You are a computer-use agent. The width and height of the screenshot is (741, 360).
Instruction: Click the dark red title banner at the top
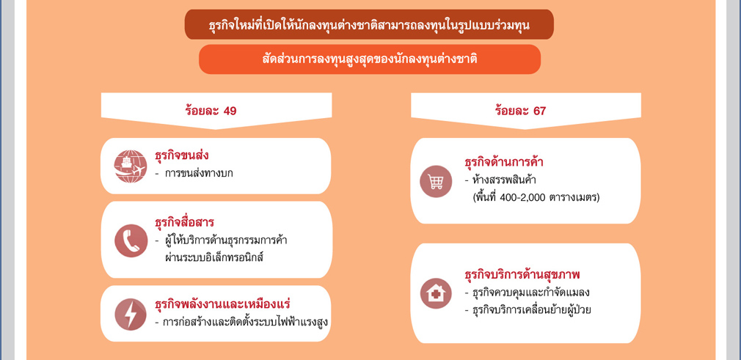pos(368,25)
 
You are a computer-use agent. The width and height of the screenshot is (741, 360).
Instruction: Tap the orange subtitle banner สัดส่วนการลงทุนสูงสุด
pos(370,59)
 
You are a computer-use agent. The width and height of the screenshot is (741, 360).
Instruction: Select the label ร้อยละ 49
pos(211,111)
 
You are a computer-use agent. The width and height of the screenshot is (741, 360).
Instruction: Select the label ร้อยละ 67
pos(520,111)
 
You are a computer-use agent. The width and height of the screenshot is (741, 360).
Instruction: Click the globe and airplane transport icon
pos(131,166)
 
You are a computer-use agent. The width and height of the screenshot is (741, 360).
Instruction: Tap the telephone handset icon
pos(131,240)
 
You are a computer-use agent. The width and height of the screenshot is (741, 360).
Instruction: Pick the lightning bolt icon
pos(131,314)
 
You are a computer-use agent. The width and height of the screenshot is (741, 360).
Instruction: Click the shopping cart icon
pos(436,181)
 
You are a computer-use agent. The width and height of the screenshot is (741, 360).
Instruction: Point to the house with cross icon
pos(436,293)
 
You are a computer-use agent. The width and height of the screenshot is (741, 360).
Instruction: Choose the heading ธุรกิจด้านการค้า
pos(504,163)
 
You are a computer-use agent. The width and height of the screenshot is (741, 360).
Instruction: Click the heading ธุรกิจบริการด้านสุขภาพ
pos(522,274)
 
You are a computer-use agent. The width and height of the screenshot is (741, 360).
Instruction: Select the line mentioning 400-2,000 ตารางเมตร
pos(536,197)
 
